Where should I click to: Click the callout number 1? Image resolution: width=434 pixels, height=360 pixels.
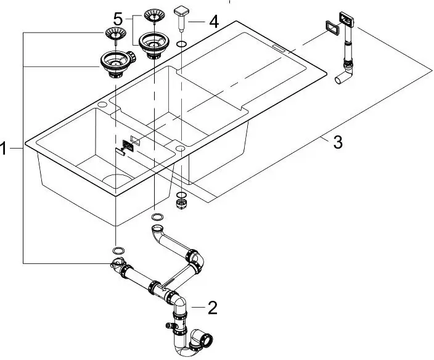[6, 149]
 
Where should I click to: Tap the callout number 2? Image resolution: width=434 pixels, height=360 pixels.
[212, 306]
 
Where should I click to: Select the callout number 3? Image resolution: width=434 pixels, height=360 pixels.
[337, 144]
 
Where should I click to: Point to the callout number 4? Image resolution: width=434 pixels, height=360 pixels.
[213, 22]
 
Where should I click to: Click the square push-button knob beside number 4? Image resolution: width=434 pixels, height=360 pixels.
[182, 12]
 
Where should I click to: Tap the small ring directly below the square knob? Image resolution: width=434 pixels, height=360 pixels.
[181, 45]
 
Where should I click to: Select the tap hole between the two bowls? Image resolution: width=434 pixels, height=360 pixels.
[180, 149]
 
